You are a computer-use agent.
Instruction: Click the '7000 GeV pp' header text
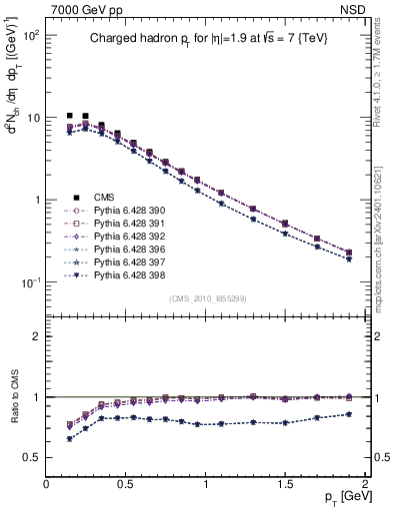coord(81,9)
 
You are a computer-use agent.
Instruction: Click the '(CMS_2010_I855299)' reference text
coord(207,298)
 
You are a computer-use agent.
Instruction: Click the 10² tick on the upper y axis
coord(30,35)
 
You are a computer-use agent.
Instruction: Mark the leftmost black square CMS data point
coord(69,117)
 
